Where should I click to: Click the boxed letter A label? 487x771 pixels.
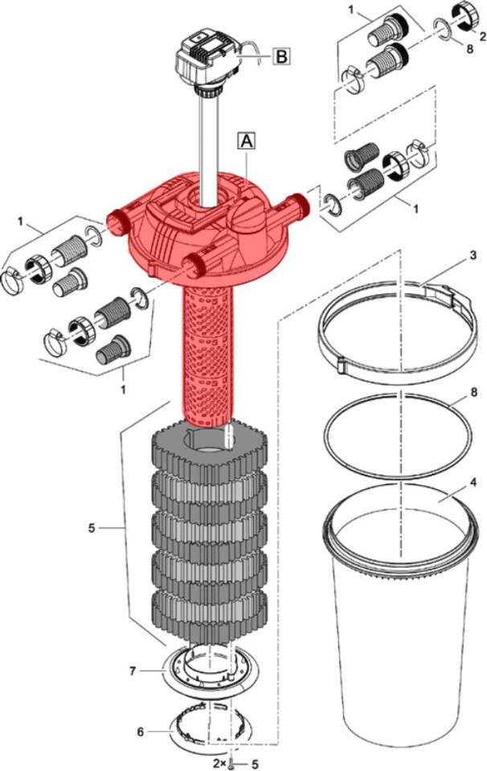point(246,141)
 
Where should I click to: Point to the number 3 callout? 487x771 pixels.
point(473,255)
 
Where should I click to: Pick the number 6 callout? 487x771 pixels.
point(141,732)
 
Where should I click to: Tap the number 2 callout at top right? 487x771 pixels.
point(481,36)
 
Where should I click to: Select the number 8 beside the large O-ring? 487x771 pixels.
point(473,394)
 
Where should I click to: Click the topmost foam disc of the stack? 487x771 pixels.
point(209,450)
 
